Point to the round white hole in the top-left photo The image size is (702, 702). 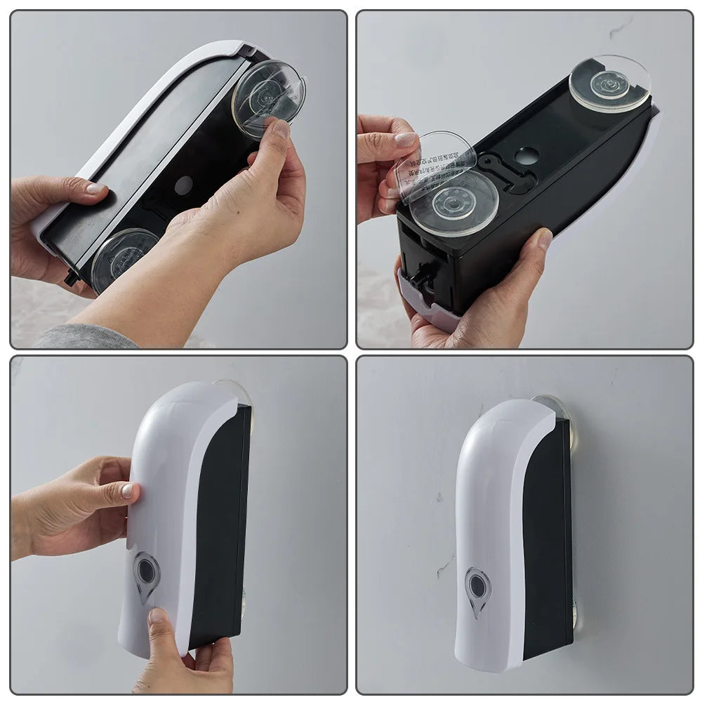pos(183,185)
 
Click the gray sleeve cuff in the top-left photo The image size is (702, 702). pos(84,338)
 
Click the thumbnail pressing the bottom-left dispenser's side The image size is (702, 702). pos(128,491)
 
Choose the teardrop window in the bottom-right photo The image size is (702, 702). pos(478,590)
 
